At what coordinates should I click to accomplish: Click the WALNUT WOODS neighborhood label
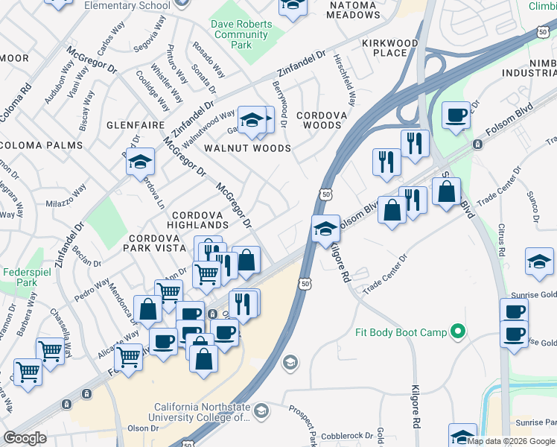[x=248, y=148]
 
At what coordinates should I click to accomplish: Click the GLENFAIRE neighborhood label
[x=134, y=125]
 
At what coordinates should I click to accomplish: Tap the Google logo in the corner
[x=25, y=438]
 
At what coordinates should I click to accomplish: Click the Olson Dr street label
[x=143, y=428]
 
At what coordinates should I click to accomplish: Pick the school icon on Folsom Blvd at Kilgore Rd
[x=325, y=228]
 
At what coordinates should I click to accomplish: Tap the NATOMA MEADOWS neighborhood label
[x=349, y=9]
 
